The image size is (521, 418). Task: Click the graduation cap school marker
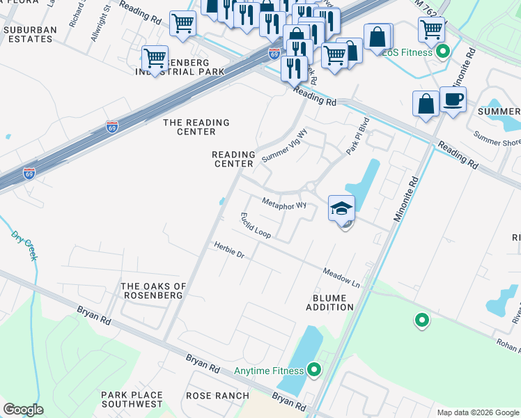click(341, 208)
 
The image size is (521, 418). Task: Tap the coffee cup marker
click(453, 100)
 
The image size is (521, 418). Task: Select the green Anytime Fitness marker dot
click(313, 369)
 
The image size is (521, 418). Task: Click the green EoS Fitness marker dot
click(442, 52)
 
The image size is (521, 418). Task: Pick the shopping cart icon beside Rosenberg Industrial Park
click(155, 56)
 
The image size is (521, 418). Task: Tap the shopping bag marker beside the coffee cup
click(426, 104)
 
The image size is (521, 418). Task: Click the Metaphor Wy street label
click(284, 204)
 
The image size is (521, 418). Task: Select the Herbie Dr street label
click(229, 250)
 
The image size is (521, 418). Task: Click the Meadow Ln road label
click(341, 277)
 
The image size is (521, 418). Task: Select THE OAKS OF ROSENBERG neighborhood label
click(153, 291)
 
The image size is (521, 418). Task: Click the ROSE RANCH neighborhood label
click(217, 396)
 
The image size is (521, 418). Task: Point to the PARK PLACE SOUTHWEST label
click(132, 400)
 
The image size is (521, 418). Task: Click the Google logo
click(23, 409)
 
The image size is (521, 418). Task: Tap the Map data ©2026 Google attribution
click(476, 412)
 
